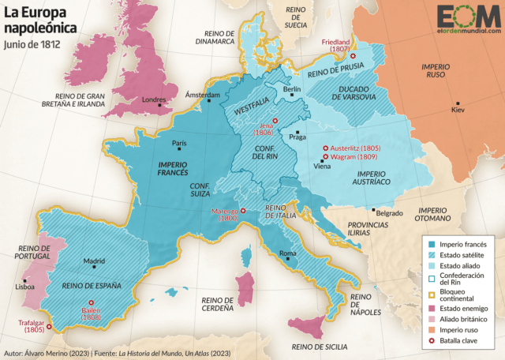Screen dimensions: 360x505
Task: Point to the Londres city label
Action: coord(153,99)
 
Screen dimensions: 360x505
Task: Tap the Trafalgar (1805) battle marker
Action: coord(49,326)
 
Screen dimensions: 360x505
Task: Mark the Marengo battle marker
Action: coord(243,211)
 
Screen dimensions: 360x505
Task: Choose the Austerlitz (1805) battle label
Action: coord(352,148)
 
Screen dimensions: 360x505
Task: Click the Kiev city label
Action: coord(458,110)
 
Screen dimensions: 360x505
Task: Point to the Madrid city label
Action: coord(94,261)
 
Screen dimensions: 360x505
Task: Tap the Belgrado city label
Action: coord(390,213)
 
